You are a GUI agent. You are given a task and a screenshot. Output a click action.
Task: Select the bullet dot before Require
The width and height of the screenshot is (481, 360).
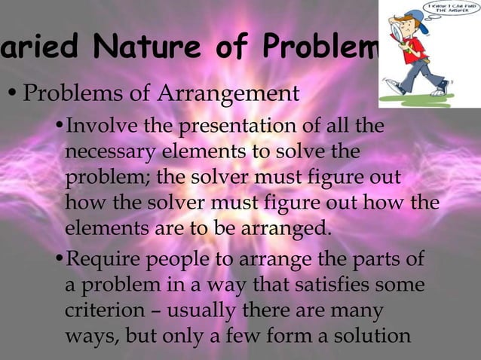point(60,262)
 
